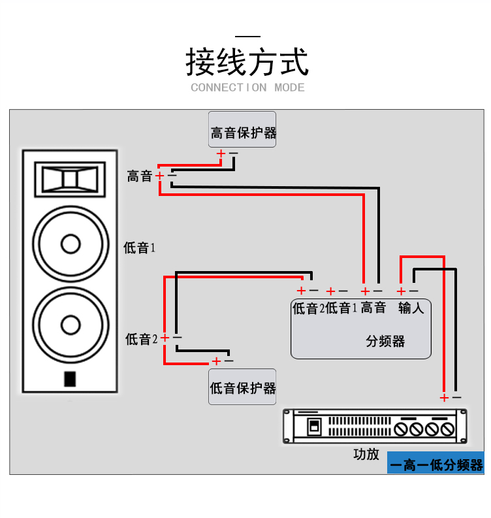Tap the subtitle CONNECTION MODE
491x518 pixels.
pyautogui.click(x=247, y=88)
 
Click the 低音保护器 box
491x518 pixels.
pyautogui.click(x=243, y=388)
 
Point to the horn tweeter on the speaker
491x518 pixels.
pyautogui.click(x=70, y=178)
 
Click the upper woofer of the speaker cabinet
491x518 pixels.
pyautogui.click(x=70, y=244)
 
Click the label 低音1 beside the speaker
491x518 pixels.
pyautogui.click(x=140, y=248)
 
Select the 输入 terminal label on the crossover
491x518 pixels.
pyautogui.click(x=411, y=308)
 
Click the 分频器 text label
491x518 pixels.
pyautogui.click(x=385, y=341)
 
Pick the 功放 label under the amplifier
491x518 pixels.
pyautogui.click(x=366, y=454)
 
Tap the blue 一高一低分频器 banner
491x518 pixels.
pyautogui.click(x=436, y=464)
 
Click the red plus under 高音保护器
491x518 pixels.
pyautogui.click(x=221, y=154)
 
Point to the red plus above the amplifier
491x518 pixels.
pyautogui.click(x=444, y=397)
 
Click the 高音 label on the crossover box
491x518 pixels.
pyautogui.click(x=373, y=308)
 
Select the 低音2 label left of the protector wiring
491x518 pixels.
pyautogui.click(x=142, y=339)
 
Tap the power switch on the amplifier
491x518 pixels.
pyautogui.click(x=314, y=428)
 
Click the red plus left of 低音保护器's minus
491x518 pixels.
pyautogui.click(x=216, y=361)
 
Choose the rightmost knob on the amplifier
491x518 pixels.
pyautogui.click(x=447, y=429)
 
